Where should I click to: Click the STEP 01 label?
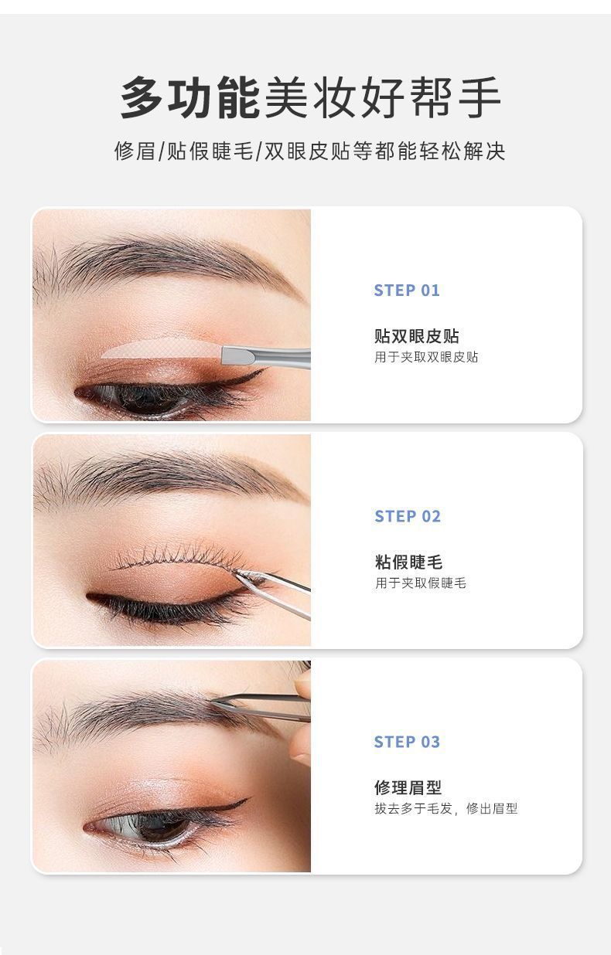[407, 291]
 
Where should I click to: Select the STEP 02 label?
[408, 516]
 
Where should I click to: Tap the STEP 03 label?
[407, 742]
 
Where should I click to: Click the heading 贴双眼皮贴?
[416, 336]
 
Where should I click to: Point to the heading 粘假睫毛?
[408, 562]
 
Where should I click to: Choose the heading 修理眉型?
[408, 787]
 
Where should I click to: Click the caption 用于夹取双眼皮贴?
[426, 357]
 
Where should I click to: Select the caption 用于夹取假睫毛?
[421, 583]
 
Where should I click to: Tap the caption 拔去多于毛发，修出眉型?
[446, 808]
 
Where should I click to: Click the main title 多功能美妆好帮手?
[311, 98]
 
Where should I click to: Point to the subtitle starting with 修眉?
[310, 151]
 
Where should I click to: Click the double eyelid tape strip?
[162, 348]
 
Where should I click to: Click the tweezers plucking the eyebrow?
[261, 705]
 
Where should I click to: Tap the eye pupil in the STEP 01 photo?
[141, 396]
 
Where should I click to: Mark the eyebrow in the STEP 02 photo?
[171, 477]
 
